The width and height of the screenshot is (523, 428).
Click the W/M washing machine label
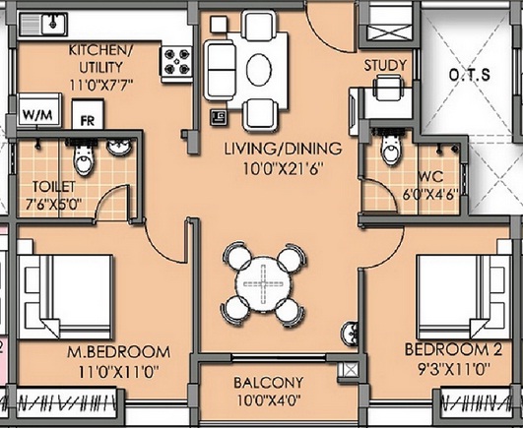tap(37, 115)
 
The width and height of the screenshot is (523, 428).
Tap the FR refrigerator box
tap(88, 114)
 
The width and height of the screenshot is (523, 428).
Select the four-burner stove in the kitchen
tap(176, 62)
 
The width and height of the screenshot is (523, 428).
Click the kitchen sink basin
tap(53, 24)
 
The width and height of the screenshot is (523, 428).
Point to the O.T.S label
tap(469, 74)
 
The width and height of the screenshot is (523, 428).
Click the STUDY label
tap(385, 65)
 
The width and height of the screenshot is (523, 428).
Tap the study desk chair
tap(388, 88)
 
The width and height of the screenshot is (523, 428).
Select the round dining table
tap(264, 284)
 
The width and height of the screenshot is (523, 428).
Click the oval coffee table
tap(259, 69)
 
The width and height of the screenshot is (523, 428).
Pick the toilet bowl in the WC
tap(389, 149)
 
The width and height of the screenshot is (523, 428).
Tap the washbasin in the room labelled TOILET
tap(119, 147)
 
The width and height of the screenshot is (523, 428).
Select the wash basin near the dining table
tap(350, 335)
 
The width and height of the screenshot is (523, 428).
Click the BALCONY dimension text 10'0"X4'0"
tap(269, 399)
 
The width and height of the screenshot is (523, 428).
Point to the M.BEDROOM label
tap(119, 352)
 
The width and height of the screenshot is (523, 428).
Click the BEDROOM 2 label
tap(453, 349)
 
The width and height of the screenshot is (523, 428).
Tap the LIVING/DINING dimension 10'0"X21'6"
tap(284, 169)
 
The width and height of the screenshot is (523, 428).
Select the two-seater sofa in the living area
tap(219, 70)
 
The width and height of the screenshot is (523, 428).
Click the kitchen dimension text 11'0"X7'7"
tap(101, 85)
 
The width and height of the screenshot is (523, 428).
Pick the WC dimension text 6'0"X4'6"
tap(430, 195)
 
